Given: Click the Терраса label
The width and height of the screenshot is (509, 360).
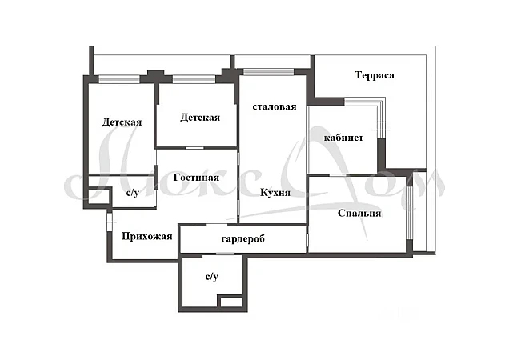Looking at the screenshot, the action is pos(375,75).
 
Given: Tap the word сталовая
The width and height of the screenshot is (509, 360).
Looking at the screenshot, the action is pos(275,106).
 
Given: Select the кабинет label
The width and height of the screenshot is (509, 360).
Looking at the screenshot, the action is pos(343,138).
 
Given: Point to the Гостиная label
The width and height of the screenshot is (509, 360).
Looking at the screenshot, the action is pos(196,178).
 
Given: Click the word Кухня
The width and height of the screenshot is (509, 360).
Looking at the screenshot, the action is pos(275,192).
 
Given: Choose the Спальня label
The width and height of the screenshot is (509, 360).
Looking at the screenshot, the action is pos(359,214).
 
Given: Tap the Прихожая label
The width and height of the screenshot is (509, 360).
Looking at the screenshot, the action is pos(146,236).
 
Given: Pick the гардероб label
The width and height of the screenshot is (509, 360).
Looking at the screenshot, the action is pos(242,238).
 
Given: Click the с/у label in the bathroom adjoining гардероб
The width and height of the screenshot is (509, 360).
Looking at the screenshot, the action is pos(212,277).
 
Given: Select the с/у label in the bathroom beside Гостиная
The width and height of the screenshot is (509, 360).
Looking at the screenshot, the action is pos(132,193).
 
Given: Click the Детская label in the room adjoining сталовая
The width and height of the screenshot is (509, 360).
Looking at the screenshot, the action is pos(200,118).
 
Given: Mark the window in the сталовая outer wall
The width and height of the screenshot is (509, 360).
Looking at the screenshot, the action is pos(268,72).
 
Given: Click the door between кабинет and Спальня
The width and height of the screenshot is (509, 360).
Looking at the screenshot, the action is pos(338,175).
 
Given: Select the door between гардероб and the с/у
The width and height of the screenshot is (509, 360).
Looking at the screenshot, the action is pos(225,254).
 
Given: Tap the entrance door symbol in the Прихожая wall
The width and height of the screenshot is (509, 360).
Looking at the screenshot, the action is pos(110,222).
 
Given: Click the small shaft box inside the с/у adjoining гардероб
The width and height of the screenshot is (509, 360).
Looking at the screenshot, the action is pos(230,302).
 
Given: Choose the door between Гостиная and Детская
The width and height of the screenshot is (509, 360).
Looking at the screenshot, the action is pos(194,148).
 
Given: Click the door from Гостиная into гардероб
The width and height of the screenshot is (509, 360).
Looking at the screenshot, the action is pos(217,225).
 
